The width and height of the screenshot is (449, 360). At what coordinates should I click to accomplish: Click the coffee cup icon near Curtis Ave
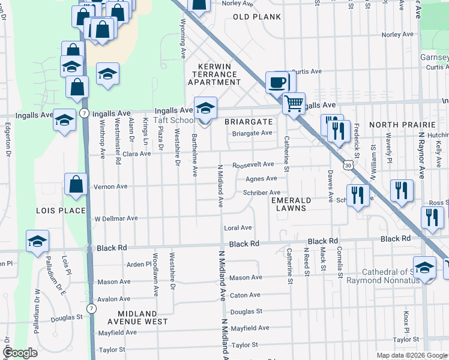(x=277, y=82)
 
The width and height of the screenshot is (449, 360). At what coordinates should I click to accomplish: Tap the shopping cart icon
(x=294, y=103)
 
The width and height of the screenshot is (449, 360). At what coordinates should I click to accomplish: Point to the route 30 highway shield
(x=348, y=163)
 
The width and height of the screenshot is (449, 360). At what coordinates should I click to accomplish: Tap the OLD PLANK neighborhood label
(x=256, y=17)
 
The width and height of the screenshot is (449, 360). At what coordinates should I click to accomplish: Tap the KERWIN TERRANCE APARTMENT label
(x=215, y=74)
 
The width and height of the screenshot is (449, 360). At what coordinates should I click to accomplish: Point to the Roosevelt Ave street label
(x=253, y=164)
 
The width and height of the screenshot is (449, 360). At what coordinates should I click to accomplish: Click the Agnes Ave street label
(x=261, y=178)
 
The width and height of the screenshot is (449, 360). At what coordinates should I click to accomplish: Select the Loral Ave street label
(x=238, y=228)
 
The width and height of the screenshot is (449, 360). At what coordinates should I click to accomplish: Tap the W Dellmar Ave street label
(x=116, y=219)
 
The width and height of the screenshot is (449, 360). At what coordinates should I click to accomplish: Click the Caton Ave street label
(x=246, y=295)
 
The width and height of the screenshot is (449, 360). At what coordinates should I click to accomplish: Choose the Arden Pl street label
(x=139, y=264)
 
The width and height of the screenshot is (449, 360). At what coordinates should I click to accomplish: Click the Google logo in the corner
(x=20, y=353)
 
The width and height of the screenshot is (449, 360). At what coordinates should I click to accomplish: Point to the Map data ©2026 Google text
(x=411, y=355)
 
